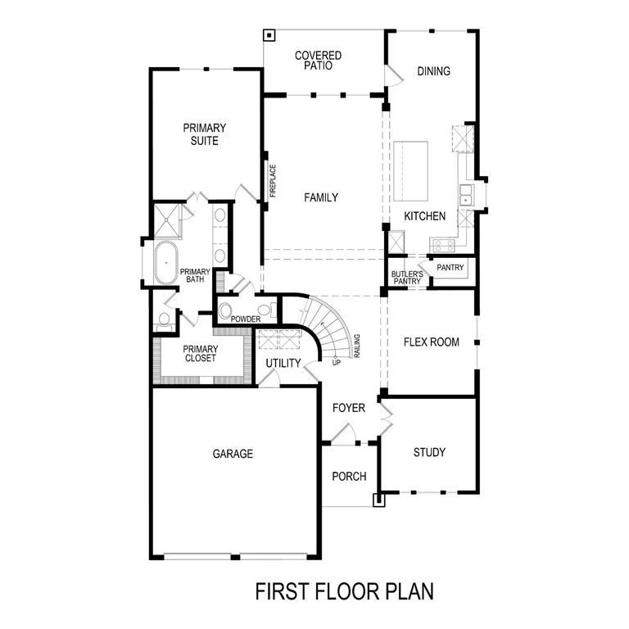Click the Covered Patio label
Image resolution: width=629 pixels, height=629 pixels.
click(x=318, y=61)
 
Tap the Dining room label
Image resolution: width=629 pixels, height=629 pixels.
click(x=433, y=71)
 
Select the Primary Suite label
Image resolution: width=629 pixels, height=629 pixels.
click(x=205, y=134)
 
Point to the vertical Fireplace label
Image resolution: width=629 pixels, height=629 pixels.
click(x=274, y=181)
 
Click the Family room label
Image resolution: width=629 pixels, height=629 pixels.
click(x=321, y=197)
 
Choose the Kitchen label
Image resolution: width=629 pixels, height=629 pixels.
click(x=424, y=216)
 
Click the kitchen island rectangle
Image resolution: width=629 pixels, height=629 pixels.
click(x=411, y=171)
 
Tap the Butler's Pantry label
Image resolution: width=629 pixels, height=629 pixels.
click(x=406, y=278)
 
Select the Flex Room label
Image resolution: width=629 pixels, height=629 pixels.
click(x=432, y=342)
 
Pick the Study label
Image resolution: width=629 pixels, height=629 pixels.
click(x=429, y=452)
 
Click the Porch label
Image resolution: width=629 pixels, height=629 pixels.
click(x=349, y=477)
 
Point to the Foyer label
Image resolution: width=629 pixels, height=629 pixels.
click(x=349, y=408)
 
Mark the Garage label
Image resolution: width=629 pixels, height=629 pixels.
click(x=233, y=454)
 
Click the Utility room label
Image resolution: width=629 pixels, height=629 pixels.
click(x=283, y=363)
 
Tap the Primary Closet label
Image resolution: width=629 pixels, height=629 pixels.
click(x=200, y=353)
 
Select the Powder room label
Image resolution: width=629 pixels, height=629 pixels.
click(x=246, y=319)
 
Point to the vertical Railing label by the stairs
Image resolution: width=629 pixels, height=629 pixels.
click(x=358, y=346)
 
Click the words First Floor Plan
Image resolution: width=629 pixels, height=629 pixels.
click(x=344, y=591)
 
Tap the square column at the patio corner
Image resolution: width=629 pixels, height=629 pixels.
click(x=269, y=35)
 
